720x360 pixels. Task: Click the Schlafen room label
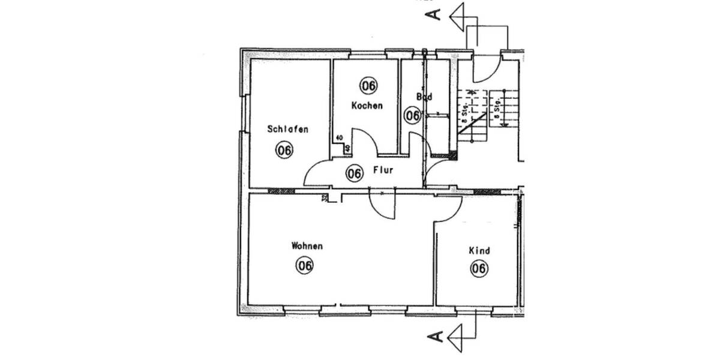(x=289, y=129)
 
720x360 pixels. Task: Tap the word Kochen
(x=367, y=105)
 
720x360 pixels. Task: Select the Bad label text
(x=424, y=96)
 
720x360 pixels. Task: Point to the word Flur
(x=383, y=170)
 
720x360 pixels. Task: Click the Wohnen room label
(x=307, y=246)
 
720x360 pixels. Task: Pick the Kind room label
(x=480, y=251)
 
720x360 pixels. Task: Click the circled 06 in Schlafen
(x=284, y=150)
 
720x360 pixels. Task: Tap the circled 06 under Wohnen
(x=304, y=265)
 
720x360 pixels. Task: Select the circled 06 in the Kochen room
(x=368, y=86)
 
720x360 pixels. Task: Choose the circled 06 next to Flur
(x=355, y=174)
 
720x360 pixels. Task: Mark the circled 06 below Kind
(x=478, y=269)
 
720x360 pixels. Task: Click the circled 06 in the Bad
(x=412, y=115)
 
